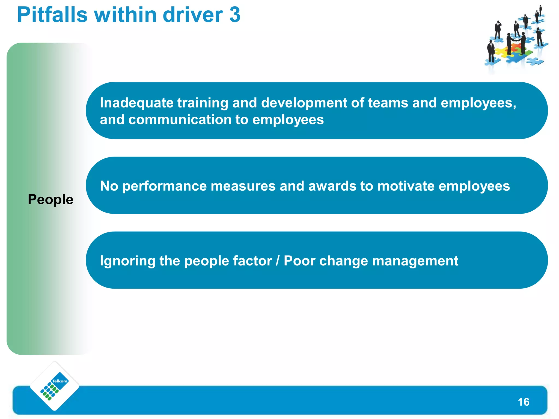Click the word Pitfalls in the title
[x=52, y=15]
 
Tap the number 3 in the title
[x=235, y=15]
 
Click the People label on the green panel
[x=50, y=200]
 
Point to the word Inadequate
[x=136, y=103]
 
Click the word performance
[x=165, y=186]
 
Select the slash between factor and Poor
[x=278, y=261]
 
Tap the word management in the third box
[x=415, y=261]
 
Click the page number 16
[x=523, y=402]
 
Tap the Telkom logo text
[x=60, y=381]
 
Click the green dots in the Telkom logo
[x=49, y=391]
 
